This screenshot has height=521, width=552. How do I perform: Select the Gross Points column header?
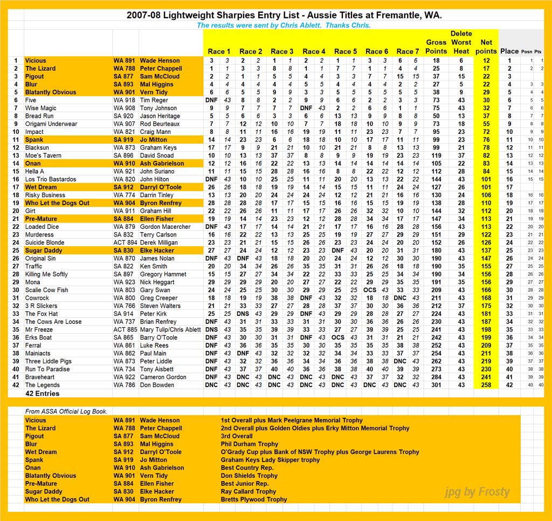(x=436, y=46)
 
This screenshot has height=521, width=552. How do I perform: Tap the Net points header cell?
(x=486, y=46)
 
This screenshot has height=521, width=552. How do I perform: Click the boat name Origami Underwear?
(x=51, y=124)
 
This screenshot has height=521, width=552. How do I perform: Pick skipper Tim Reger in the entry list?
(x=154, y=100)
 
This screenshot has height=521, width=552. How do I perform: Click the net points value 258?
(x=486, y=385)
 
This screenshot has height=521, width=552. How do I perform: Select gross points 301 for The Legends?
(x=436, y=385)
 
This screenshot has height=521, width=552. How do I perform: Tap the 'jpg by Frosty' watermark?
(x=477, y=492)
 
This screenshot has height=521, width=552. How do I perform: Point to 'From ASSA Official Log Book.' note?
(x=66, y=411)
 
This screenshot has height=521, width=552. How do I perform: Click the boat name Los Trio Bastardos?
(x=52, y=179)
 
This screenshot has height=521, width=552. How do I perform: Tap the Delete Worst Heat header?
(x=461, y=42)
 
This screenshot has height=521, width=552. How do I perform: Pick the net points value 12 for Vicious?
(x=486, y=61)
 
